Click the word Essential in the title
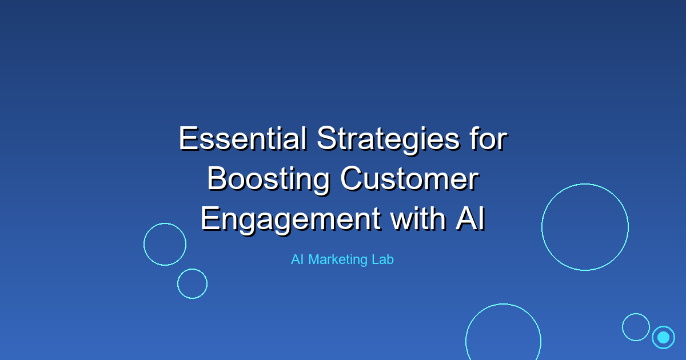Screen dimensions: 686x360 pyautogui.click(x=243, y=139)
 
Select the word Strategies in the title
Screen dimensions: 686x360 pyautogui.click(x=388, y=140)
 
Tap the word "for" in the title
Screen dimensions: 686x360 pyautogui.click(x=489, y=139)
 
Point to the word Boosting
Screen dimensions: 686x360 pyautogui.click(x=269, y=180)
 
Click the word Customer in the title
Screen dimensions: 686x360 pyautogui.click(x=410, y=179)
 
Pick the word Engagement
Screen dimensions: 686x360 pyautogui.click(x=290, y=221)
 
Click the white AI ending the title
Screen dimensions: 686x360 pyautogui.click(x=470, y=218)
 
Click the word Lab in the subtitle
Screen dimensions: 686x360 pyautogui.click(x=382, y=259)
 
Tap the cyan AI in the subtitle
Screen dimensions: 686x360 pyautogui.click(x=297, y=259)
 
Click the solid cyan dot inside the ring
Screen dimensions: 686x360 pyautogui.click(x=663, y=337)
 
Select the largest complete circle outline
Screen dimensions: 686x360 pyautogui.click(x=542, y=227)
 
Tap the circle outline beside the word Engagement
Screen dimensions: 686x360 pyautogui.click(x=143, y=244)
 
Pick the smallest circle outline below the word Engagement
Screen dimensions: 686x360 pyautogui.click(x=177, y=284)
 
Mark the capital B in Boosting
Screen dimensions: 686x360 pyautogui.click(x=217, y=179)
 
